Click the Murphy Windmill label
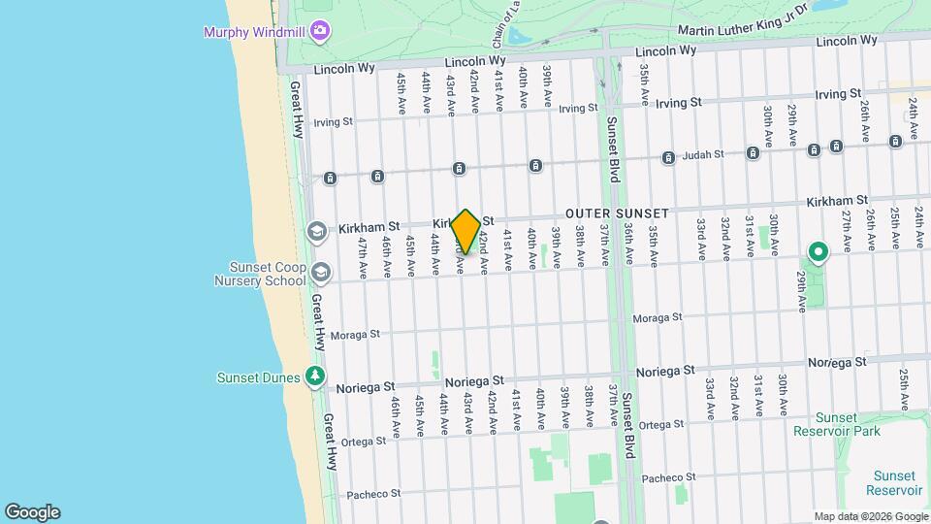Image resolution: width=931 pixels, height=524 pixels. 255,32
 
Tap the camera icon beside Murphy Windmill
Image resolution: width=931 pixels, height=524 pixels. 320,33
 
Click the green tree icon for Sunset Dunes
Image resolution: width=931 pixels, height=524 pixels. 313,376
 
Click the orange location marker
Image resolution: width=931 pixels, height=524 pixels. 465,232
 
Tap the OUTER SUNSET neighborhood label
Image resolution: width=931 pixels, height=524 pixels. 618,213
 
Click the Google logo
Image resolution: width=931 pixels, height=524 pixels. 32,511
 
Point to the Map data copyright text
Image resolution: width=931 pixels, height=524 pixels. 870,516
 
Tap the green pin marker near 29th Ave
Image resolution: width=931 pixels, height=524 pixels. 818,253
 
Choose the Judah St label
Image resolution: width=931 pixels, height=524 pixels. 705,153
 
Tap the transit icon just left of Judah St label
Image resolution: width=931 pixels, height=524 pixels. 668,157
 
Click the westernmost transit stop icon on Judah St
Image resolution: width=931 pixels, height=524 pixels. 331,178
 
